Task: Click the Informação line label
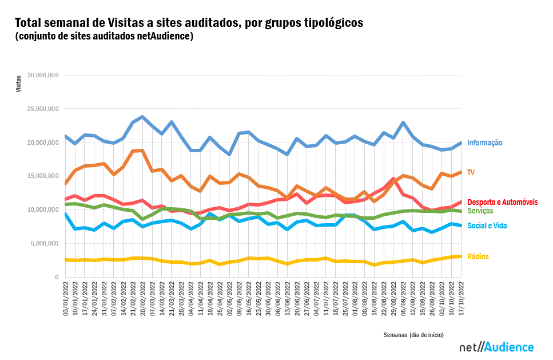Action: pos(484,143)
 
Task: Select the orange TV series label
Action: pos(471,172)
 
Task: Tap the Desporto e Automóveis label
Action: pos(502,203)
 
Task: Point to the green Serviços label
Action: pos(480,211)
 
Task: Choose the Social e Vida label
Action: pos(487,226)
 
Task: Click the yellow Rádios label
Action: pos(478,257)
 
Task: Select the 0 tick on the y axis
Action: pos(57,278)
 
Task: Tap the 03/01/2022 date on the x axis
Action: pos(66,298)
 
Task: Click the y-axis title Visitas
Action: pos(18,84)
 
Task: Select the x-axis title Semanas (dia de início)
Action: pos(413,335)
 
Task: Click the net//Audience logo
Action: pos(496,347)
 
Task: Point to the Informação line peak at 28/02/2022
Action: pos(142,117)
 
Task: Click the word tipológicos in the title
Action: pos(328,23)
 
